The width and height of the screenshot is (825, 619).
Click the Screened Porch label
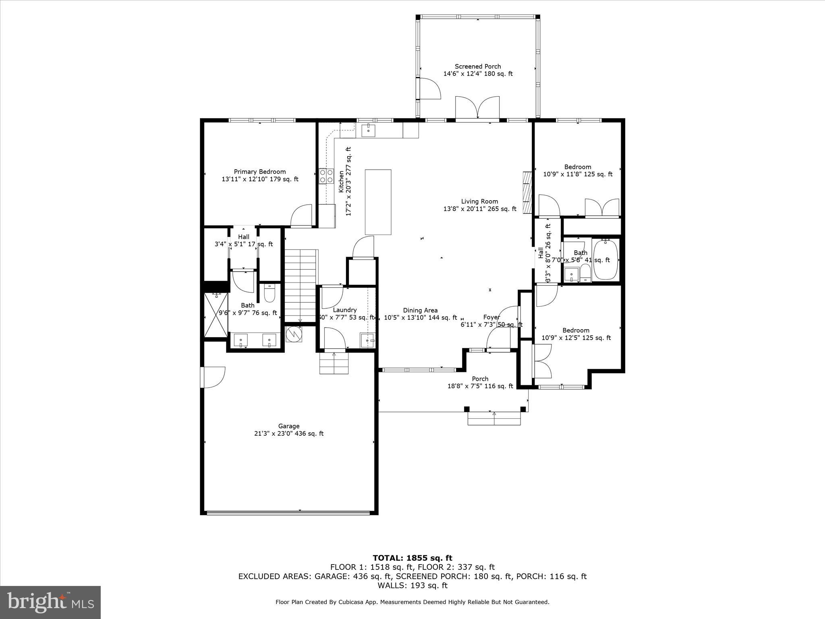(x=478, y=66)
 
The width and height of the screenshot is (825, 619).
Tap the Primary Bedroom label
(x=260, y=172)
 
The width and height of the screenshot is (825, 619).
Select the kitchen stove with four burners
(x=326, y=176)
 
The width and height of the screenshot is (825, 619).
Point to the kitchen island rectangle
(x=378, y=202)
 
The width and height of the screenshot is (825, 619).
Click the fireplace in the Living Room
(x=527, y=193)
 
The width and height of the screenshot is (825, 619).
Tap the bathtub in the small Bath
(x=606, y=260)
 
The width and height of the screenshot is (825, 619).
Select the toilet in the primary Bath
(x=269, y=293)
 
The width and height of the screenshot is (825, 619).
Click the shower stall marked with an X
(x=216, y=315)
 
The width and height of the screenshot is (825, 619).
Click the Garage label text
(x=289, y=426)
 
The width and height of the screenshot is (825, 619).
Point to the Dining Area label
(x=420, y=310)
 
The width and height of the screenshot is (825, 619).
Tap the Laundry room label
(x=345, y=310)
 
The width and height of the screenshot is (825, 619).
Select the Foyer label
(x=491, y=317)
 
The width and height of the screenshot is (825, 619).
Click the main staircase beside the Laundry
(x=300, y=284)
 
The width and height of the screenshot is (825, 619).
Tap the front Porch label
(x=480, y=379)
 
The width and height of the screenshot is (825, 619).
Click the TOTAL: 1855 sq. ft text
(x=412, y=558)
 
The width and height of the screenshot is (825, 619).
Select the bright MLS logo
(x=50, y=602)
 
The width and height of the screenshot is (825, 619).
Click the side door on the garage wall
(x=212, y=377)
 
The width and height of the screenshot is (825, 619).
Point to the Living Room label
(x=479, y=201)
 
